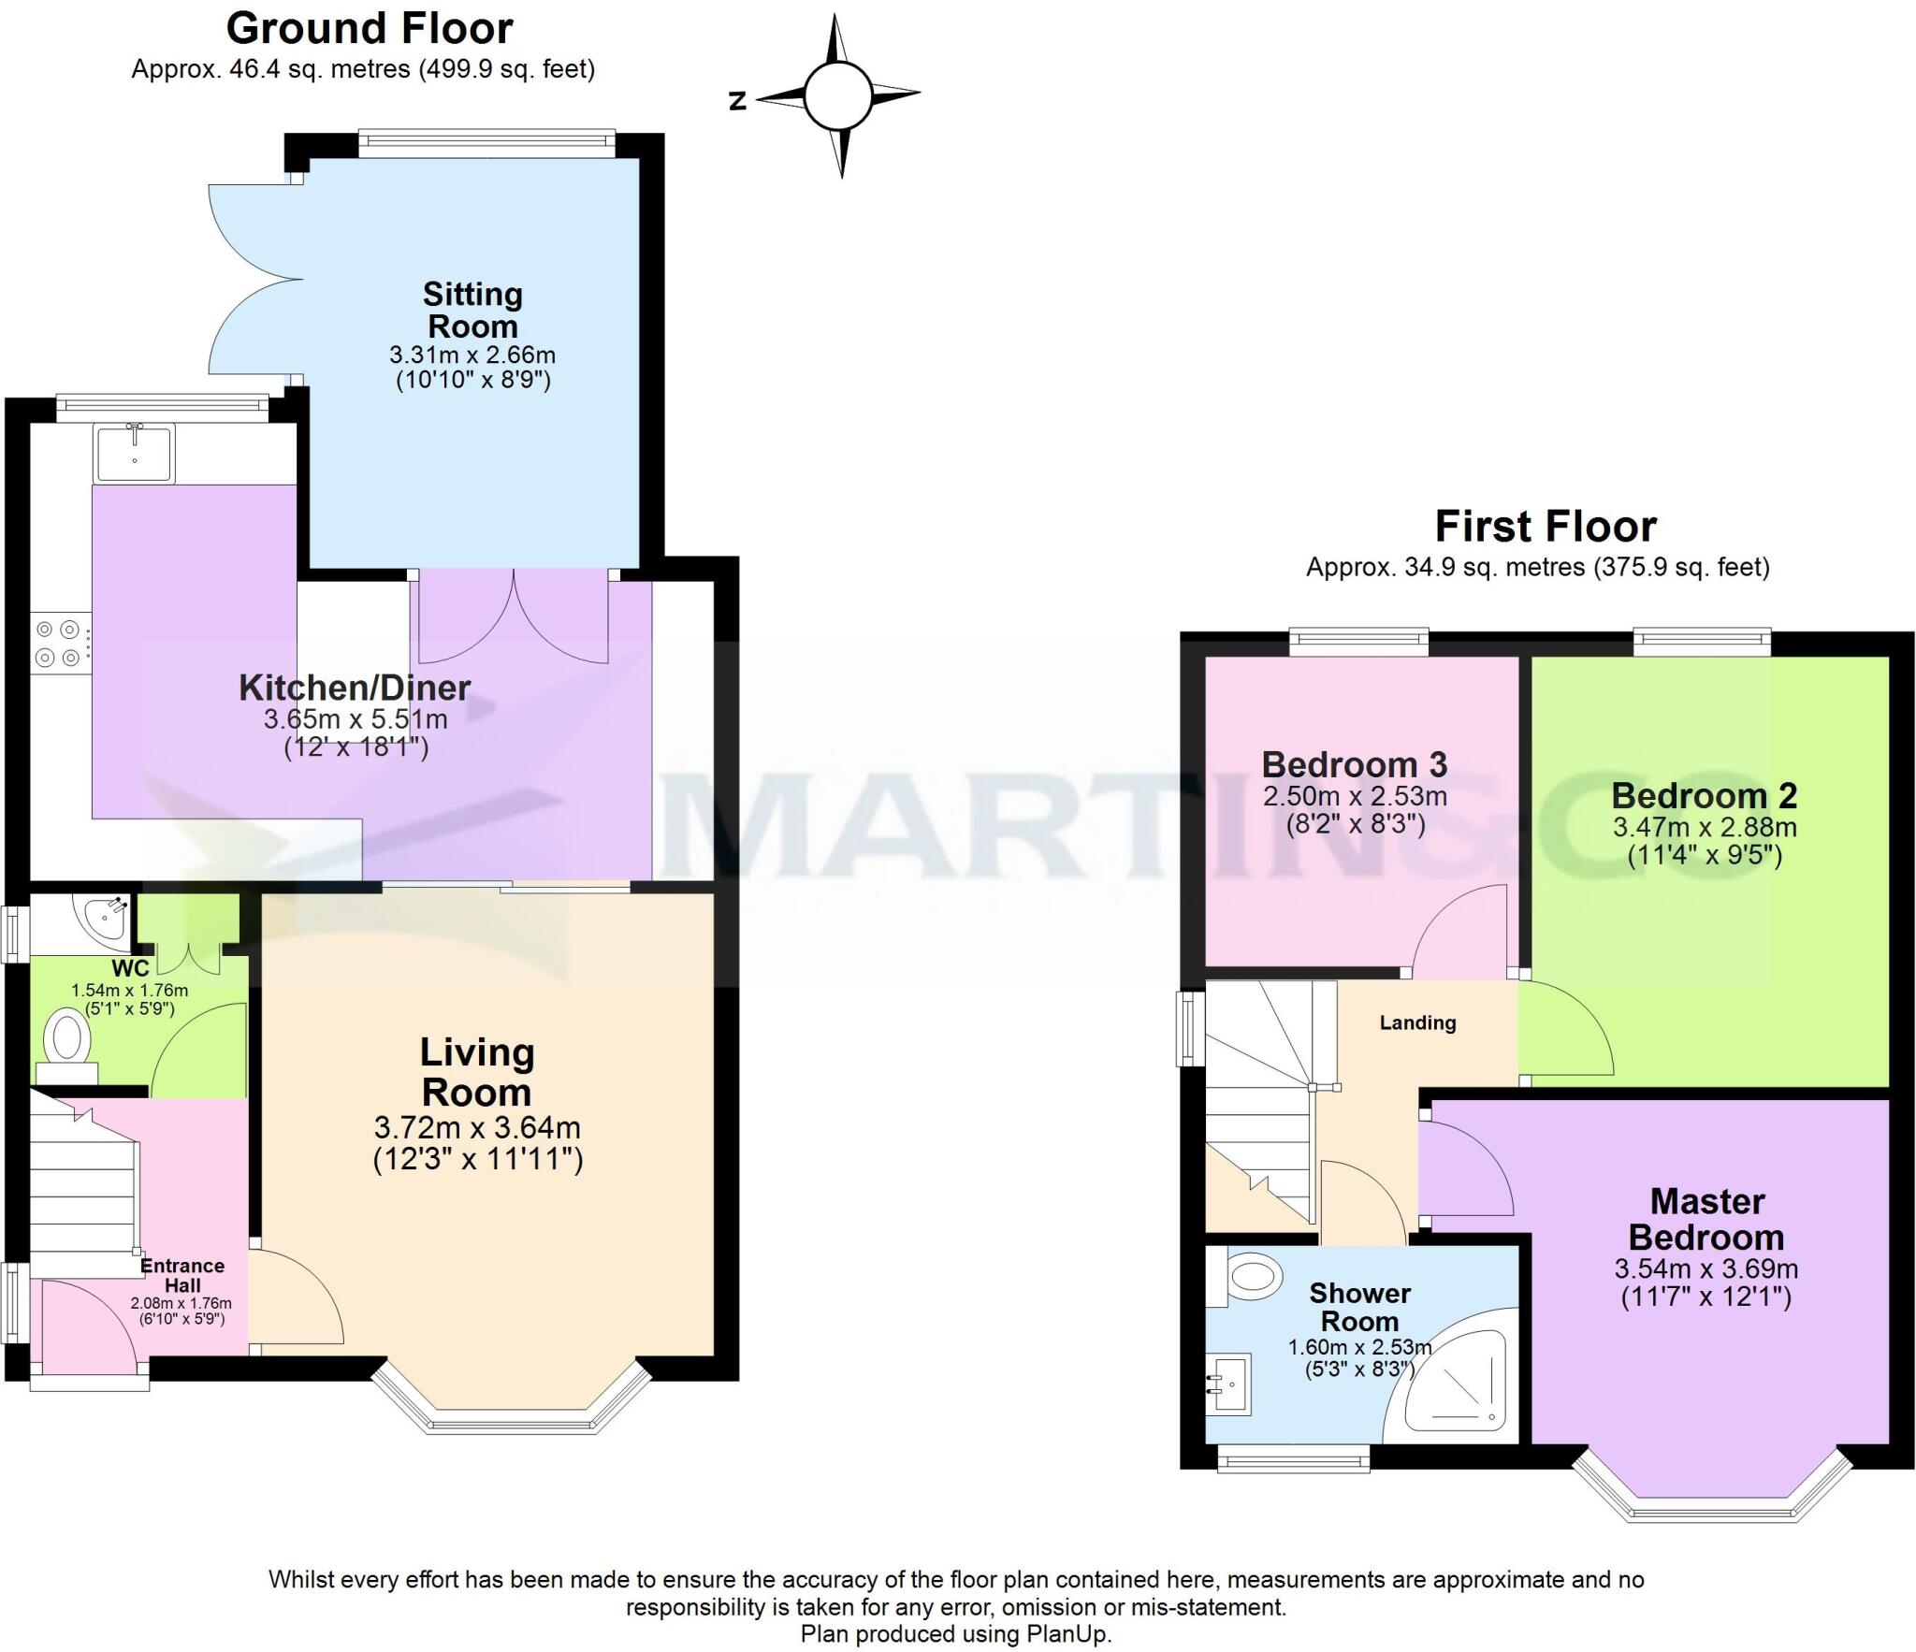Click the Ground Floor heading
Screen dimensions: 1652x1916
pos(370,29)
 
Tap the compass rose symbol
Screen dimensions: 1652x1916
pos(838,95)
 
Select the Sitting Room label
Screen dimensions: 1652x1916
pos(472,311)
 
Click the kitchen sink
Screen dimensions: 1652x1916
pos(134,454)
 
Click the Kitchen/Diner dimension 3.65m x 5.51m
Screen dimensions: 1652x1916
pos(356,719)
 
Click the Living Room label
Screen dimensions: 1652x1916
pos(476,1072)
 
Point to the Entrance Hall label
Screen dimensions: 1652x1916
pos(182,1275)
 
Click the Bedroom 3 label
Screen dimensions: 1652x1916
pos(1354,764)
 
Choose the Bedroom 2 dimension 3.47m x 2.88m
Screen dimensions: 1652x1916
pos(1704,827)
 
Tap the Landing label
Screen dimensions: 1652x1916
pos(1417,1022)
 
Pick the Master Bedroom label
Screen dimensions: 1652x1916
pos(1706,1219)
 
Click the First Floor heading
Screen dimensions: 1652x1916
pos(1546,527)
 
